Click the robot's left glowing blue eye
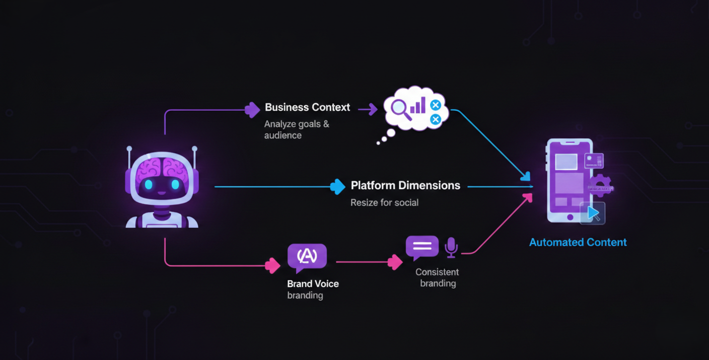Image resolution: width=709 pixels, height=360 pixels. (149, 185)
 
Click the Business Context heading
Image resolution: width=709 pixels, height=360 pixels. (307, 107)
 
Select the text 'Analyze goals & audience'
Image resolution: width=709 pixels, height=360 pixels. (297, 129)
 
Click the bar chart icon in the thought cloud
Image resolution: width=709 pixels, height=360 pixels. (418, 106)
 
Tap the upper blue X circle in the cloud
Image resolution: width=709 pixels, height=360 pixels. (436, 105)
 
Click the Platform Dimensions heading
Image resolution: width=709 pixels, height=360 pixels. (405, 185)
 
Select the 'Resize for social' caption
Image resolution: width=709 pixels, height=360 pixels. (384, 202)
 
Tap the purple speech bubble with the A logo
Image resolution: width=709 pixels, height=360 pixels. (307, 257)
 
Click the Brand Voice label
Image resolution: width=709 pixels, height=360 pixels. (313, 283)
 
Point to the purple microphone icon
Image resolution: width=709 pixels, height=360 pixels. (451, 247)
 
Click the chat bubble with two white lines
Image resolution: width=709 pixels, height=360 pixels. (422, 247)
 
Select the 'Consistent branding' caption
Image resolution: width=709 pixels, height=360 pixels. (437, 277)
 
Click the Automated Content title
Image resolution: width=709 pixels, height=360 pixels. (578, 242)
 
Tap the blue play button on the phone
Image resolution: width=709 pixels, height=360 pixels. (593, 213)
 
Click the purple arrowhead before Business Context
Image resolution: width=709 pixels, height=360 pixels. (252, 109)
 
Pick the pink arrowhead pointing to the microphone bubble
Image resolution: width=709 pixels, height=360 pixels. (395, 262)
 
